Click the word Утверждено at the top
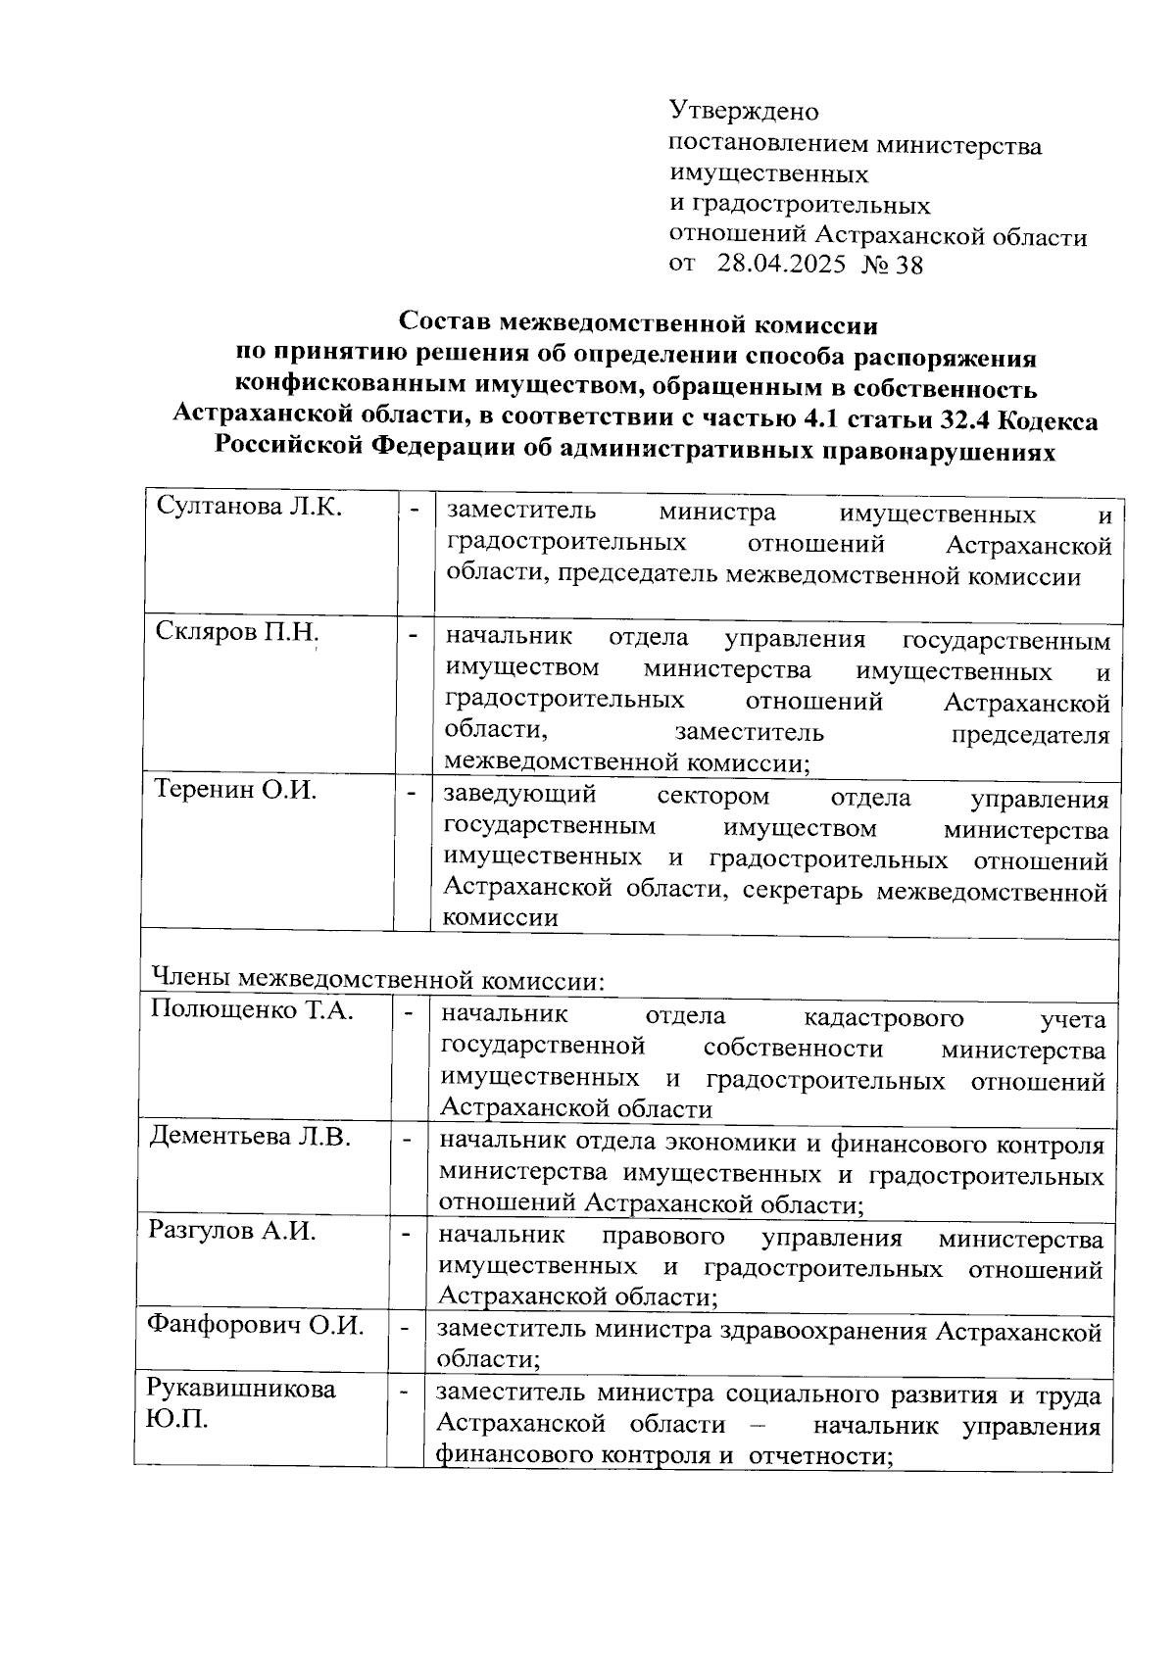744,111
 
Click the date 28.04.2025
781,264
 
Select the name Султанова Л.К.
249,508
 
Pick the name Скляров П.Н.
237,633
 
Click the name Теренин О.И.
235,790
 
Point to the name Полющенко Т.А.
252,1010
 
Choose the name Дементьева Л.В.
250,1137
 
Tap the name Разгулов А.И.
232,1231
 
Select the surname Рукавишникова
241,1389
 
